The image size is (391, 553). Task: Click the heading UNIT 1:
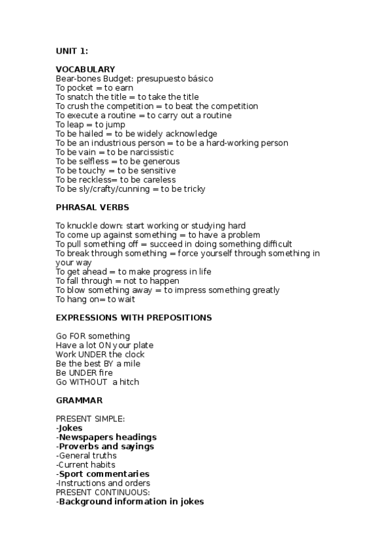[72, 51]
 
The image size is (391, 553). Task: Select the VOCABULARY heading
[86, 69]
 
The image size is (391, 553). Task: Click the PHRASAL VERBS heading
[92, 207]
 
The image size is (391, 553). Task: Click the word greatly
[264, 290]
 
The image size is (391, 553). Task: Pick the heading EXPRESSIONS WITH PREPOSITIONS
[134, 318]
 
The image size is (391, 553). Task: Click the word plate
[142, 345]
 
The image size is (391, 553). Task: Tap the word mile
[131, 363]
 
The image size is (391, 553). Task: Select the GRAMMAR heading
[79, 400]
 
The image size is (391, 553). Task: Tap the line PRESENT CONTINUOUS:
[97, 492]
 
